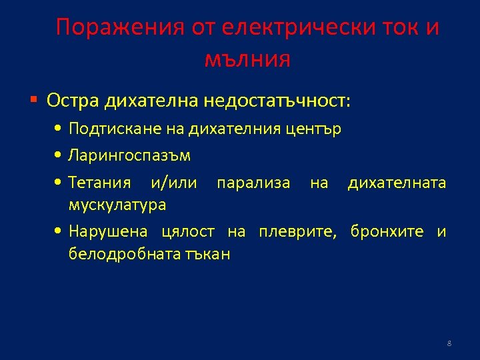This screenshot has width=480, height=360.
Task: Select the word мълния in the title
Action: pyautogui.click(x=247, y=59)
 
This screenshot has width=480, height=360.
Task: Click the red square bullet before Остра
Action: pyautogui.click(x=34, y=101)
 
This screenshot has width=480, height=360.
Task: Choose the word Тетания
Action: pyautogui.click(x=99, y=183)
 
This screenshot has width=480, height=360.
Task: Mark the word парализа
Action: pyautogui.click(x=253, y=183)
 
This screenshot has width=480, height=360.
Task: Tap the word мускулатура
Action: pyautogui.click(x=117, y=204)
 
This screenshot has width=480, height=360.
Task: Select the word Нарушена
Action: pyautogui.click(x=108, y=232)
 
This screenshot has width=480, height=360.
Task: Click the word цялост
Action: pyautogui.click(x=188, y=232)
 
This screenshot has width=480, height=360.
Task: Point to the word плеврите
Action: pyautogui.click(x=293, y=232)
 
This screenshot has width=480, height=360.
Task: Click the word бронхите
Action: pyautogui.click(x=386, y=232)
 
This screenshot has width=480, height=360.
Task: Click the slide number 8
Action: pyautogui.click(x=449, y=343)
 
